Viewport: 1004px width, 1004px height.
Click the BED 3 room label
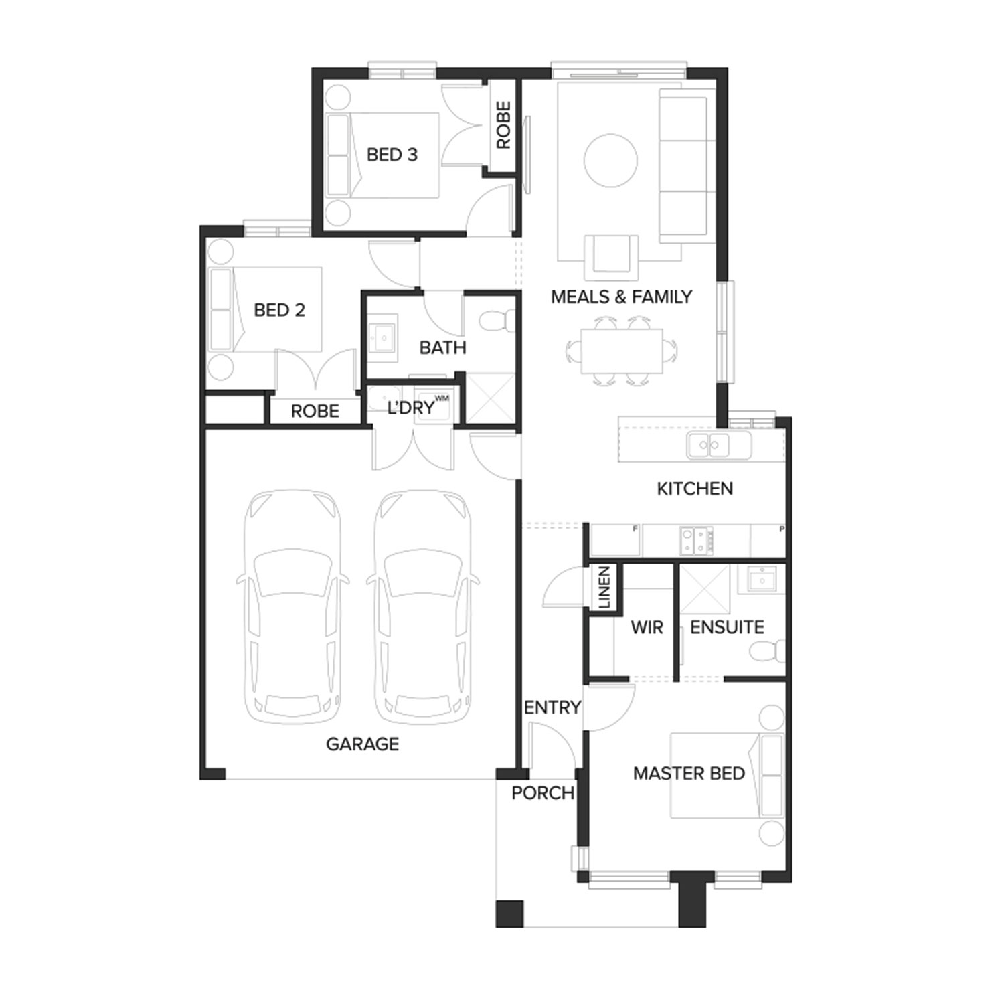tap(392, 155)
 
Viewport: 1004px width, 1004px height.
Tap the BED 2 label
tap(279, 310)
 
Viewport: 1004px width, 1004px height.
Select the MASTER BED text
tap(689, 774)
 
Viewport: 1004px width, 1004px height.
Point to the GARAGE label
tap(362, 744)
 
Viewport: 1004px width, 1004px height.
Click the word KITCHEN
tap(695, 489)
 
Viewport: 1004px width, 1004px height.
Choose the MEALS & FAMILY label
tap(621, 297)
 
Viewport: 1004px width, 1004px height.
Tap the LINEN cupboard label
tap(604, 588)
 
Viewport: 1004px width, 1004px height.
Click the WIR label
tap(647, 628)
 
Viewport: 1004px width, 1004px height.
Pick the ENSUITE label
tap(727, 627)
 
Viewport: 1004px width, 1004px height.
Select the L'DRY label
tap(410, 408)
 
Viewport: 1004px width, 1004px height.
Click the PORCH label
tap(543, 793)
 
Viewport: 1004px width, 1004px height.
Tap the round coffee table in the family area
tap(610, 161)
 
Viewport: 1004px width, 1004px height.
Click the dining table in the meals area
tap(621, 351)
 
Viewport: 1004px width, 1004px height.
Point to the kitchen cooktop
tap(697, 541)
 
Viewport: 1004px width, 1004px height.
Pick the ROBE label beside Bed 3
tap(503, 125)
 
